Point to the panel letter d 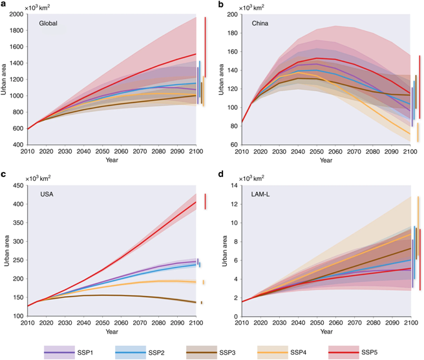point(220,175)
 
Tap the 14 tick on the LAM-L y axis point(233,185)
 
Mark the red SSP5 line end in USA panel point(196,202)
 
